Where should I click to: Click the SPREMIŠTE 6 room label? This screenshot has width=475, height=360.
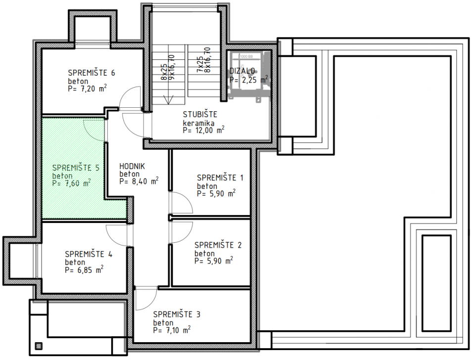click(x=92, y=73)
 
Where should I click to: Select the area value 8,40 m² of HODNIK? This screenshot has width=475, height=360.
click(x=139, y=181)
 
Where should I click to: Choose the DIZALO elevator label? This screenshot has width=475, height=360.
click(x=242, y=71)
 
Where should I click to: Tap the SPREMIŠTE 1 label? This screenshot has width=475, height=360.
click(x=220, y=178)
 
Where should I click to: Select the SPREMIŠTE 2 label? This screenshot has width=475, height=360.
click(x=218, y=245)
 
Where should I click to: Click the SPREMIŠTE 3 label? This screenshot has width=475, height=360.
click(x=177, y=314)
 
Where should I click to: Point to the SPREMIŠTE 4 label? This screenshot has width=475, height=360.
click(x=89, y=254)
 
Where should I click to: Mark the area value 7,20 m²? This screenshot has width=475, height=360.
click(x=88, y=89)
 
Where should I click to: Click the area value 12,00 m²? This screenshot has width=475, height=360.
click(x=203, y=130)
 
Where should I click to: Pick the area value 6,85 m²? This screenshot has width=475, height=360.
click(x=84, y=270)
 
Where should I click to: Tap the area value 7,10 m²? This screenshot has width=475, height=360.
click(x=172, y=330)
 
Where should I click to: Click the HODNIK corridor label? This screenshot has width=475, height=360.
click(x=132, y=167)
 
